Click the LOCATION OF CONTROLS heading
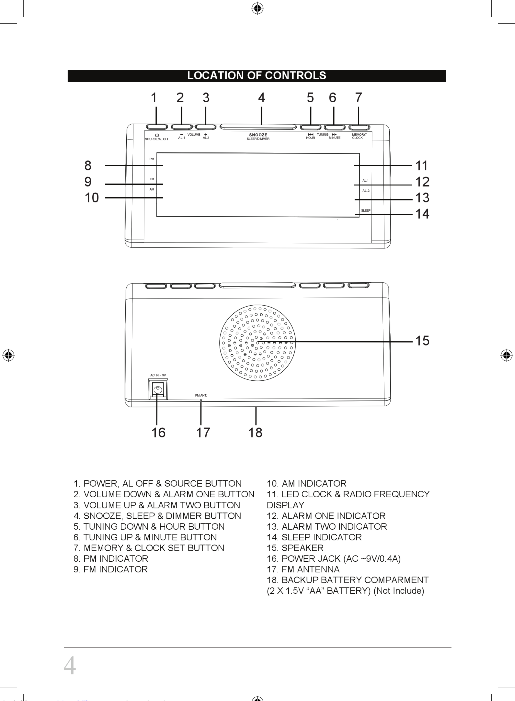pos(256,76)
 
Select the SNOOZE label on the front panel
pos(258,135)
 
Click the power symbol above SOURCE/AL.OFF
pos(157,135)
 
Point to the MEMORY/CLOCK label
pos(359,136)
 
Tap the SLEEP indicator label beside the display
pos(366,211)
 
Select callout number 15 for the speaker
pos(422,341)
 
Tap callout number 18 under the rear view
pos(255,433)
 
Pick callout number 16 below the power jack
pos(158,433)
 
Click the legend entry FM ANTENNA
pos(303,570)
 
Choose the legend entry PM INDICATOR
pos(111,559)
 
